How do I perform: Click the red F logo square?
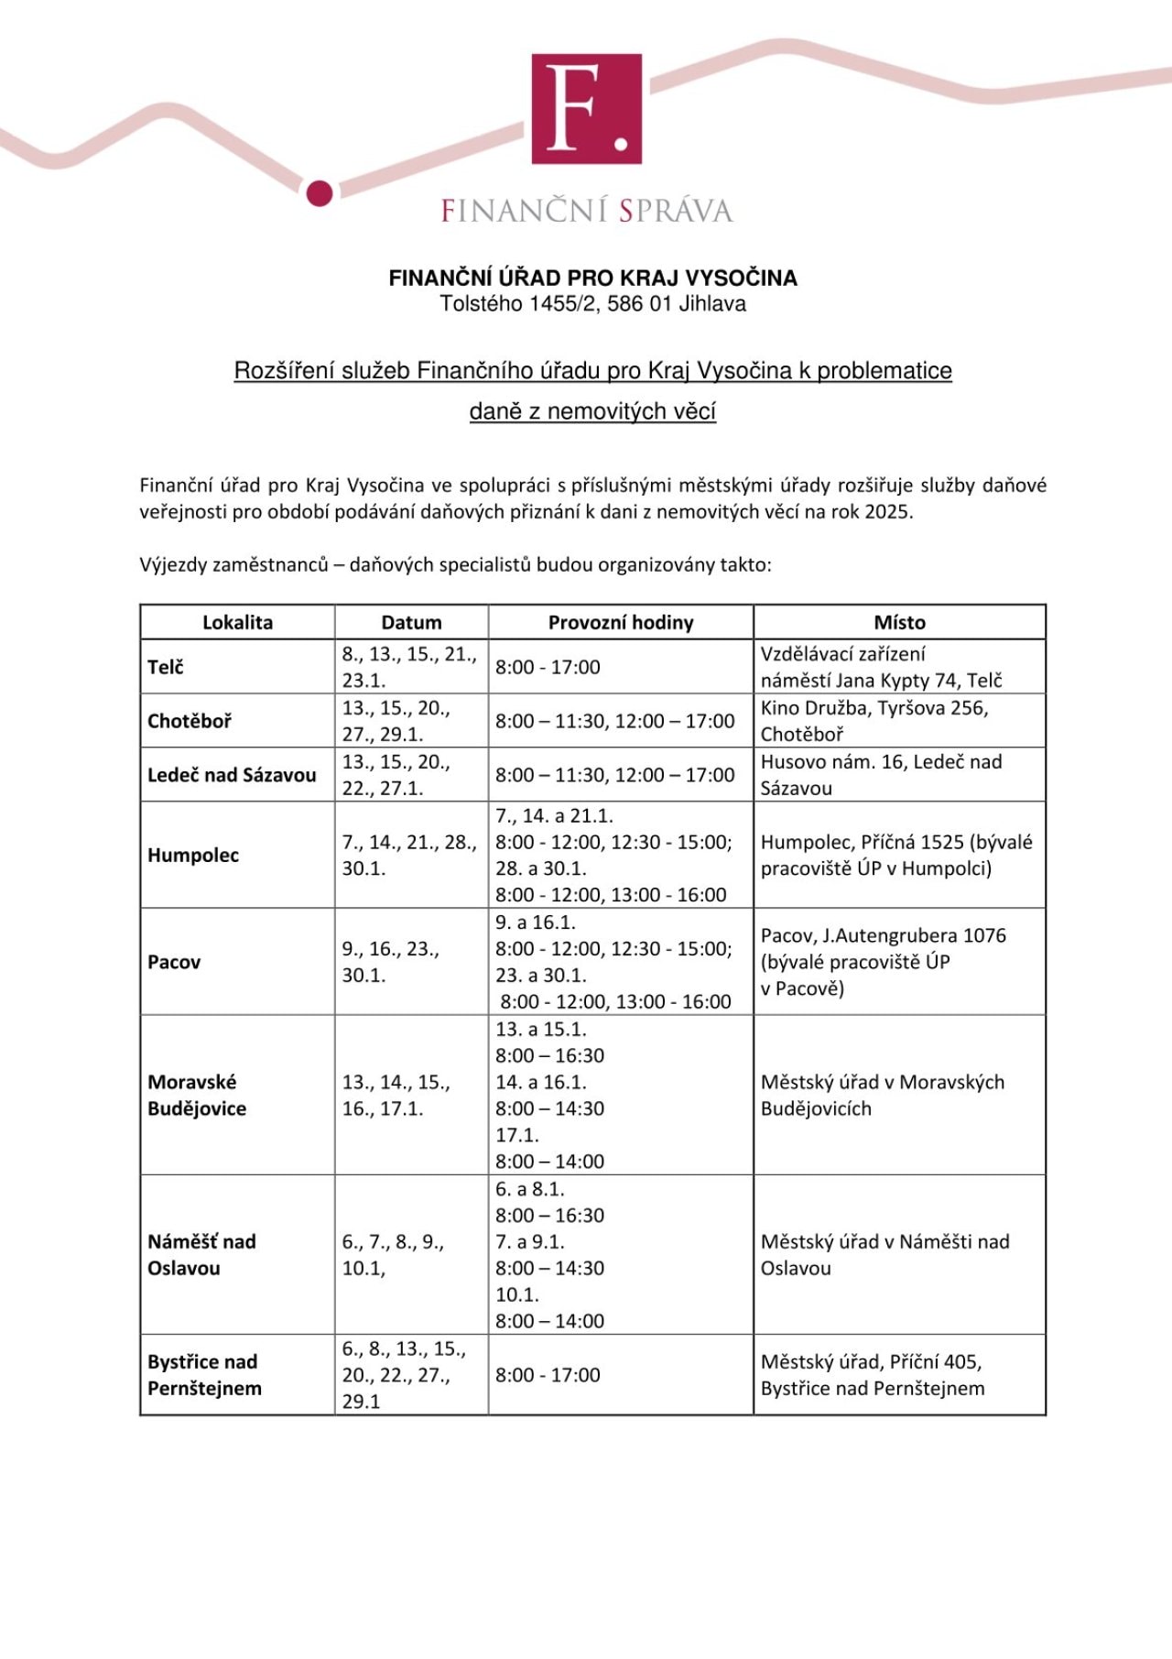pos(586,108)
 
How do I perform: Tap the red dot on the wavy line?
pos(319,193)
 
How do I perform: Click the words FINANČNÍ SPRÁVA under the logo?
pos(586,211)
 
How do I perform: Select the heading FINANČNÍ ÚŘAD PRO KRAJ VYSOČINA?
pos(592,278)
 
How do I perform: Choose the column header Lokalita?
pos(237,622)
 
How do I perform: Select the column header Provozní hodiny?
pos(621,622)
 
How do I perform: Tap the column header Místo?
pos(899,622)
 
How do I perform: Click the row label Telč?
pos(166,667)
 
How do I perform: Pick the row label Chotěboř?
pos(190,721)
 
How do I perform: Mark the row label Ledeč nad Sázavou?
pos(232,775)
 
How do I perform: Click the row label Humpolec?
pos(193,855)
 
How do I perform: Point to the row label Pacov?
pos(174,962)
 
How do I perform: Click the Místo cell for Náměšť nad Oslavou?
pos(884,1254)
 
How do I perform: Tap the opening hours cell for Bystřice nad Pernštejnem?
pos(548,1375)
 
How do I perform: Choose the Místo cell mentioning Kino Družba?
pos(874,721)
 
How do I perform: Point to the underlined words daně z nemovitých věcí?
pos(592,411)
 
